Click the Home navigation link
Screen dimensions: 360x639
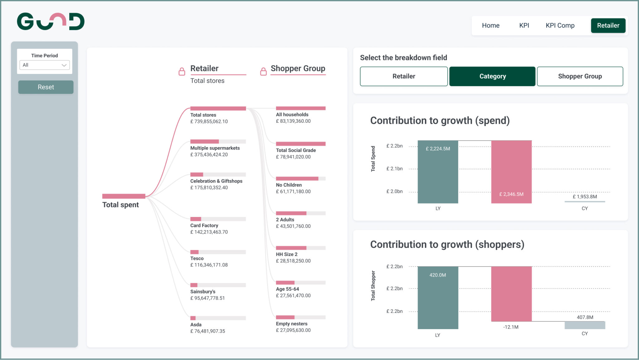(x=490, y=26)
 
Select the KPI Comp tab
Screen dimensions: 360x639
(x=560, y=26)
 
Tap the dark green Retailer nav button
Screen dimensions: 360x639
(x=608, y=26)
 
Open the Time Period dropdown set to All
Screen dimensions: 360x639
(x=45, y=65)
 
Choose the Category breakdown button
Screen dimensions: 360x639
(x=492, y=76)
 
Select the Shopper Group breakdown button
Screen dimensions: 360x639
(x=580, y=76)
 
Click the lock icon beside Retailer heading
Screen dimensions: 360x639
(x=182, y=72)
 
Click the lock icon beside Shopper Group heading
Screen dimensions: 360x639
(x=263, y=72)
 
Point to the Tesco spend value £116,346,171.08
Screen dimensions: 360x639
(x=209, y=265)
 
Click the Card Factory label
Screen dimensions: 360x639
(x=204, y=225)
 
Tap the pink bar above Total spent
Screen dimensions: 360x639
(x=124, y=196)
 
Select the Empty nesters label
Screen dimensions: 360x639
(x=291, y=324)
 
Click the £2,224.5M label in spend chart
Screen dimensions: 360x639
(x=438, y=149)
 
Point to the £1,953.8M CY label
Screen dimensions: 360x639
(x=585, y=196)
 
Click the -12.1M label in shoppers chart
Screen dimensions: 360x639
(x=511, y=327)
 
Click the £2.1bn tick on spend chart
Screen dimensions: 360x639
(x=394, y=169)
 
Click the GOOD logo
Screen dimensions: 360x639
(x=51, y=22)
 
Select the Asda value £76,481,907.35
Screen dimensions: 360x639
(x=207, y=331)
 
